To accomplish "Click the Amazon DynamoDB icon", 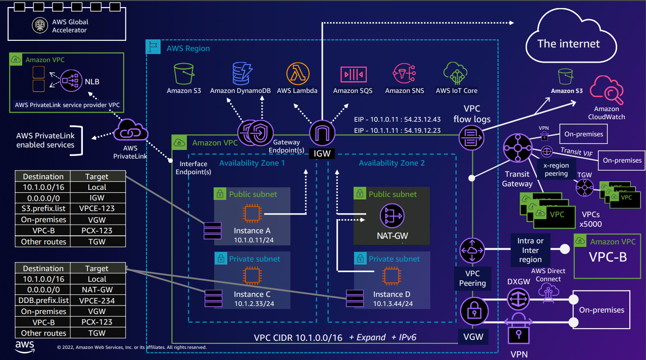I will [240, 74].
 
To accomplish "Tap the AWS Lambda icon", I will [297, 74].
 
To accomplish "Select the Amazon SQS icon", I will [353, 74].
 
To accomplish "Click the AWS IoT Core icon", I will [456, 74].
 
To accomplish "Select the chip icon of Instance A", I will [252, 213].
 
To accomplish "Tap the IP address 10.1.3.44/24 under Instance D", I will [393, 303].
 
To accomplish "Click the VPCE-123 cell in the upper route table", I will [96, 209].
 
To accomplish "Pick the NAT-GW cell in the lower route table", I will [96, 290].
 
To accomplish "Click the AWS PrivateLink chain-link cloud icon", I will [130, 132].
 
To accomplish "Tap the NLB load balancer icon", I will [71, 81].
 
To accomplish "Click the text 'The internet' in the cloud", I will [569, 43].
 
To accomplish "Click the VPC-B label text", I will [608, 256].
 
